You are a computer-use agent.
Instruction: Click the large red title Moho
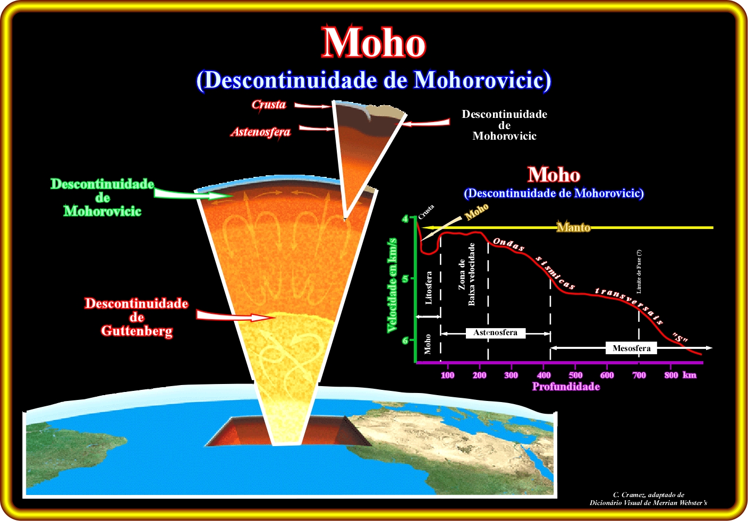click(x=373, y=42)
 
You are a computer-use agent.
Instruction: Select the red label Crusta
click(x=269, y=105)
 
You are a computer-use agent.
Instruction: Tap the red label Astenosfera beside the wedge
click(x=260, y=132)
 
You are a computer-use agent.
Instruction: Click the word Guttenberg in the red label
click(x=137, y=331)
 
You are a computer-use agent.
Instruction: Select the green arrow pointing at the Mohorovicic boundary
click(x=194, y=194)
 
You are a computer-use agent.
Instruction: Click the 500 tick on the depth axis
click(x=575, y=375)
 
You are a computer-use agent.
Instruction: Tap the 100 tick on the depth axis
click(x=447, y=375)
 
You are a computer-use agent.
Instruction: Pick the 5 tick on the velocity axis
click(x=405, y=278)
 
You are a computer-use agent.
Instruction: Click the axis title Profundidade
click(x=566, y=387)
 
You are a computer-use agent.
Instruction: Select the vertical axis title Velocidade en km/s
click(x=392, y=285)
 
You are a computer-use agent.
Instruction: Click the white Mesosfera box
click(x=632, y=348)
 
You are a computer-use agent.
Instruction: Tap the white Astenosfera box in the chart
click(x=496, y=332)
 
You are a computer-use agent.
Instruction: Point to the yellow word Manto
click(x=574, y=227)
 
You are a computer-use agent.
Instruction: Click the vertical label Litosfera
click(x=429, y=287)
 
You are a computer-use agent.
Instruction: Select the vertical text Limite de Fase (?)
click(x=639, y=271)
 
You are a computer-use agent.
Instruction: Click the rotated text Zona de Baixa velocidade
click(x=466, y=274)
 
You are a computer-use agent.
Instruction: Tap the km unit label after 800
click(x=690, y=375)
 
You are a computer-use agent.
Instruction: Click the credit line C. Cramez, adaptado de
click(x=649, y=494)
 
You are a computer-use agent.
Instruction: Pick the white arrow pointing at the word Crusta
click(x=312, y=106)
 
